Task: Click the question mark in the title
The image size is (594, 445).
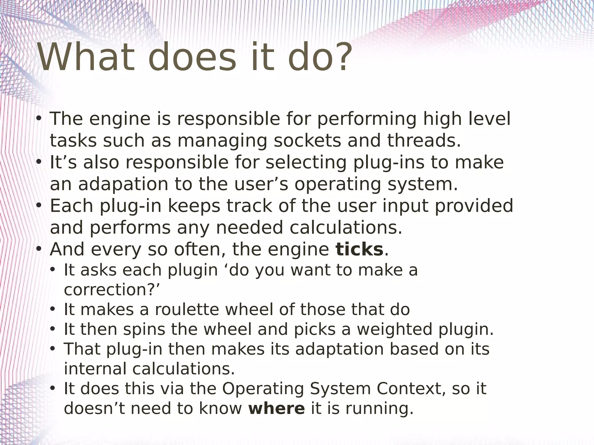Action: [x=343, y=57]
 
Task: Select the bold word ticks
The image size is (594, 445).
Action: [x=359, y=249]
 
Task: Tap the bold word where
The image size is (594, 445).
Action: [x=277, y=408]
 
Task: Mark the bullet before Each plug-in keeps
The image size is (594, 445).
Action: [x=39, y=206]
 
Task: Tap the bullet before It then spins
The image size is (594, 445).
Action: [x=52, y=329]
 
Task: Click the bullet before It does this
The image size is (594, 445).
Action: [x=52, y=389]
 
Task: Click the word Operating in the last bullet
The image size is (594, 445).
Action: [x=263, y=389]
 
